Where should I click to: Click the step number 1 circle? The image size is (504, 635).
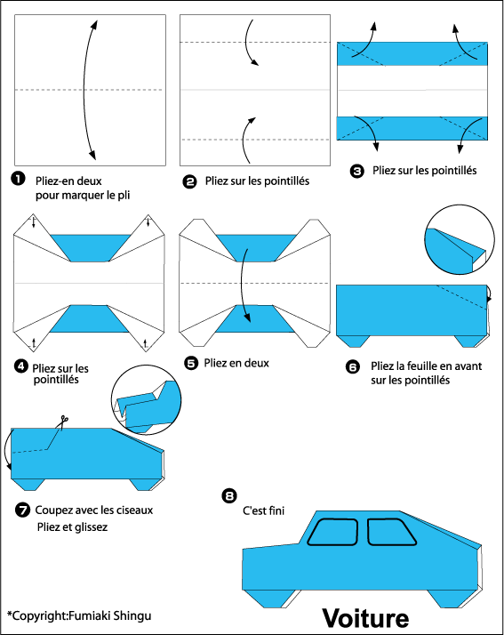18,179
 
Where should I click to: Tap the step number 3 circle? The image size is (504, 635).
356,172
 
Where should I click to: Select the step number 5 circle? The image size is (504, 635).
191,363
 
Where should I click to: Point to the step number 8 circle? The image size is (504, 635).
229,495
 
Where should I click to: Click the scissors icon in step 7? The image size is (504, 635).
62,422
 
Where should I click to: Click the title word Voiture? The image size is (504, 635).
365,618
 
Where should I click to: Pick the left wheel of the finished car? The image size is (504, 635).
270,599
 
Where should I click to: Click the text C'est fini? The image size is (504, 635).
263,510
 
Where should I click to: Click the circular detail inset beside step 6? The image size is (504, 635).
460,240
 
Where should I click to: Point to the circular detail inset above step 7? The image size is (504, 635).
146,400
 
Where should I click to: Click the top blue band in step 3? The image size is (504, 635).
412,53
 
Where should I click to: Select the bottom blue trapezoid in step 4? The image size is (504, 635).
90,318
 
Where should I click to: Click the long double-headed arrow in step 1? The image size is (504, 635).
84,90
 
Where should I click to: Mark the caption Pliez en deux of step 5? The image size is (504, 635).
236,363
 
